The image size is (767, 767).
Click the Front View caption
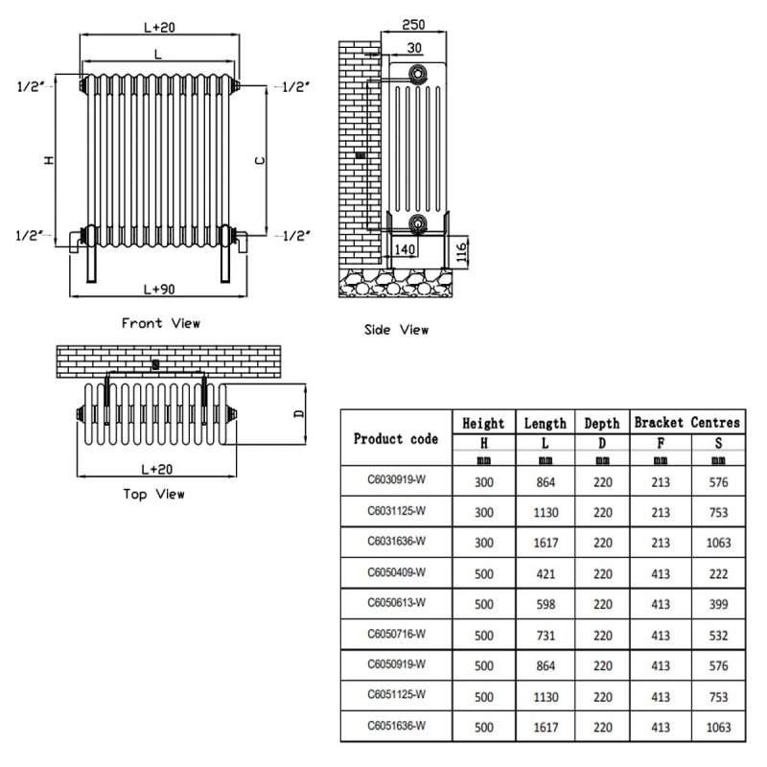tap(160, 323)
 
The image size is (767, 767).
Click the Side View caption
tap(396, 330)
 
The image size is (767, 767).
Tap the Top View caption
tap(154, 495)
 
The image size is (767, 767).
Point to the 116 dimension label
tap(461, 252)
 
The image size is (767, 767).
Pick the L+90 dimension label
tap(158, 289)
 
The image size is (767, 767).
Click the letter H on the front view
tap(48, 160)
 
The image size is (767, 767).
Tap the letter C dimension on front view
tap(259, 161)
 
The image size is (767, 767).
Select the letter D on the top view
tap(297, 414)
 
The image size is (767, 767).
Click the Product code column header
tap(396, 439)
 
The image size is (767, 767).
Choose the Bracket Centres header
tap(686, 422)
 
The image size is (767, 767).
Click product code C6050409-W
tap(396, 573)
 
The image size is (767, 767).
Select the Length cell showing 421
tap(545, 573)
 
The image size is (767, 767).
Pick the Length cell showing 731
tap(545, 634)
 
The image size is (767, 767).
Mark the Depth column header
tap(602, 423)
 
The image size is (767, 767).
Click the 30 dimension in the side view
tap(413, 48)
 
